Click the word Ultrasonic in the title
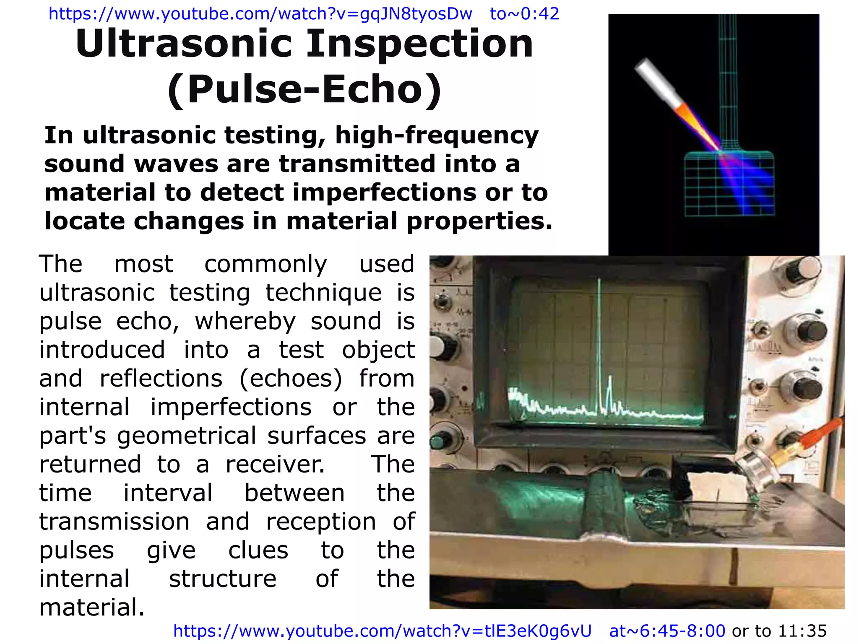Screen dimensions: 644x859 click(x=183, y=44)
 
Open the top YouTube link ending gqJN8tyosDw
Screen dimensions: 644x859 click(x=260, y=14)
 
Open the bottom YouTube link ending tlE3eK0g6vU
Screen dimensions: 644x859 click(x=382, y=631)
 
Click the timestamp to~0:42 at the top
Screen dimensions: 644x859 click(x=524, y=14)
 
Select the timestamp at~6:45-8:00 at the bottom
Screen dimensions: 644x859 click(x=667, y=631)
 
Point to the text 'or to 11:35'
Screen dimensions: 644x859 click(x=779, y=631)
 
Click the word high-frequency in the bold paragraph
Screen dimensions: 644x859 click(x=437, y=136)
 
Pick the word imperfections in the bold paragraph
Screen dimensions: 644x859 click(x=384, y=193)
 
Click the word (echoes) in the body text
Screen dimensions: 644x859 click(x=291, y=379)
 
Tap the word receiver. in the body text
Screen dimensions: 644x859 click(x=275, y=465)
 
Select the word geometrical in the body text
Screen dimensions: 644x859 click(x=186, y=436)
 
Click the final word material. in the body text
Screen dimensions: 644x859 click(x=92, y=608)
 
